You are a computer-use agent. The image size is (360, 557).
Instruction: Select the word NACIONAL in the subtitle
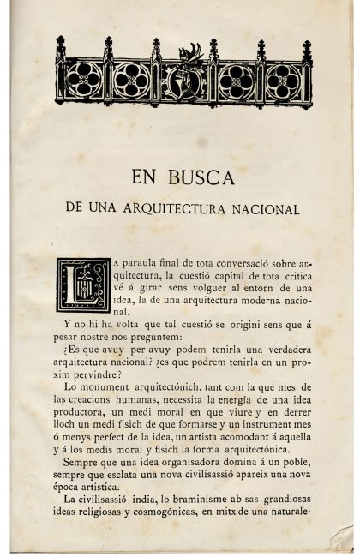tap(261, 208)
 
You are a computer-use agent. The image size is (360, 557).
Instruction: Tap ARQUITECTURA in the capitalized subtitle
tap(171, 208)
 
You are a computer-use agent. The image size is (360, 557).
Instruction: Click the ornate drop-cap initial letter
tap(83, 284)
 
